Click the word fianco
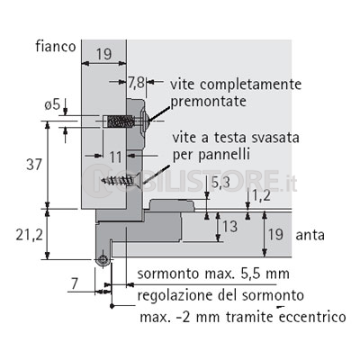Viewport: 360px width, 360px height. coord(56,47)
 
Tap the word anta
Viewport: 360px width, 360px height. coord(310,235)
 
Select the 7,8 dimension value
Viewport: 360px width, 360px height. coord(137,83)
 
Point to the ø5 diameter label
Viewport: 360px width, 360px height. coord(52,105)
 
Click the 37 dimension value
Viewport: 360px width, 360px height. coord(34,165)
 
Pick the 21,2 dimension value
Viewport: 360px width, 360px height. coord(29,235)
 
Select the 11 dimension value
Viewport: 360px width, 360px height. coord(115,157)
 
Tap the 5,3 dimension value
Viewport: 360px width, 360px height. coord(221,183)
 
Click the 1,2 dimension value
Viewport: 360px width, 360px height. coord(261,196)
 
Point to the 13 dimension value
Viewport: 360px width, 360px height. coord(230,227)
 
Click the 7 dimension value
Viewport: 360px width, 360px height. coord(75,283)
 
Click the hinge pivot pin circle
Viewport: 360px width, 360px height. coord(103,260)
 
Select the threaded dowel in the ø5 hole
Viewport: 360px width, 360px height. coord(120,121)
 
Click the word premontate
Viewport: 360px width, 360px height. coord(209,102)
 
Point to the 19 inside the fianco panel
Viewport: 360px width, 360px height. coord(103,54)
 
